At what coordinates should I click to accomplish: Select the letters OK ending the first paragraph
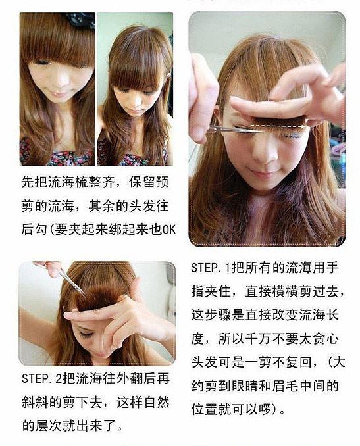pyautogui.click(x=170, y=230)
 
